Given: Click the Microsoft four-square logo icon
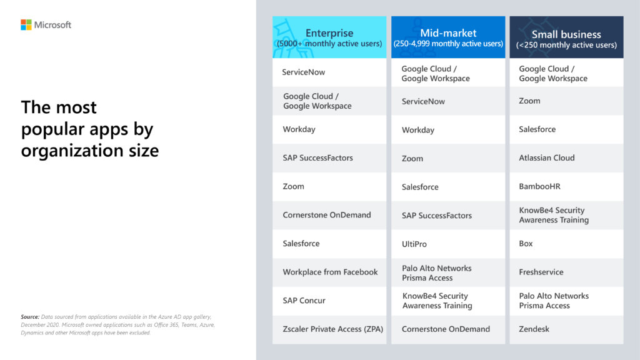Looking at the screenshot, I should click(26, 25).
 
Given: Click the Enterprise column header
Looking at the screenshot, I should click(329, 38).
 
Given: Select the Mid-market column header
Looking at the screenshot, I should click(448, 38).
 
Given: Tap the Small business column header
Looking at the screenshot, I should click(566, 38).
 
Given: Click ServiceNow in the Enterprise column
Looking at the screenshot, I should click(304, 72).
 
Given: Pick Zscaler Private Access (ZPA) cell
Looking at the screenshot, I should click(332, 329).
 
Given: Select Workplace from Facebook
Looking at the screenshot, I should click(330, 272).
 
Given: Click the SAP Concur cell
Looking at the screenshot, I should click(304, 301).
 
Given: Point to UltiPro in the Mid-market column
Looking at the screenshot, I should click(414, 244).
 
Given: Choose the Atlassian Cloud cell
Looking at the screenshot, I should click(547, 158).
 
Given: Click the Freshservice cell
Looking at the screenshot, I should click(541, 272).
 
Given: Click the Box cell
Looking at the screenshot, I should click(526, 244).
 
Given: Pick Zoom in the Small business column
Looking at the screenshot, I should click(529, 101).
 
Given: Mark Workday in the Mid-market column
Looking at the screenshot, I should click(418, 130).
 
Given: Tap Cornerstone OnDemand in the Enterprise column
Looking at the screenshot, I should click(327, 215).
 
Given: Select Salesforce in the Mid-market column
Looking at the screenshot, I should click(420, 187).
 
